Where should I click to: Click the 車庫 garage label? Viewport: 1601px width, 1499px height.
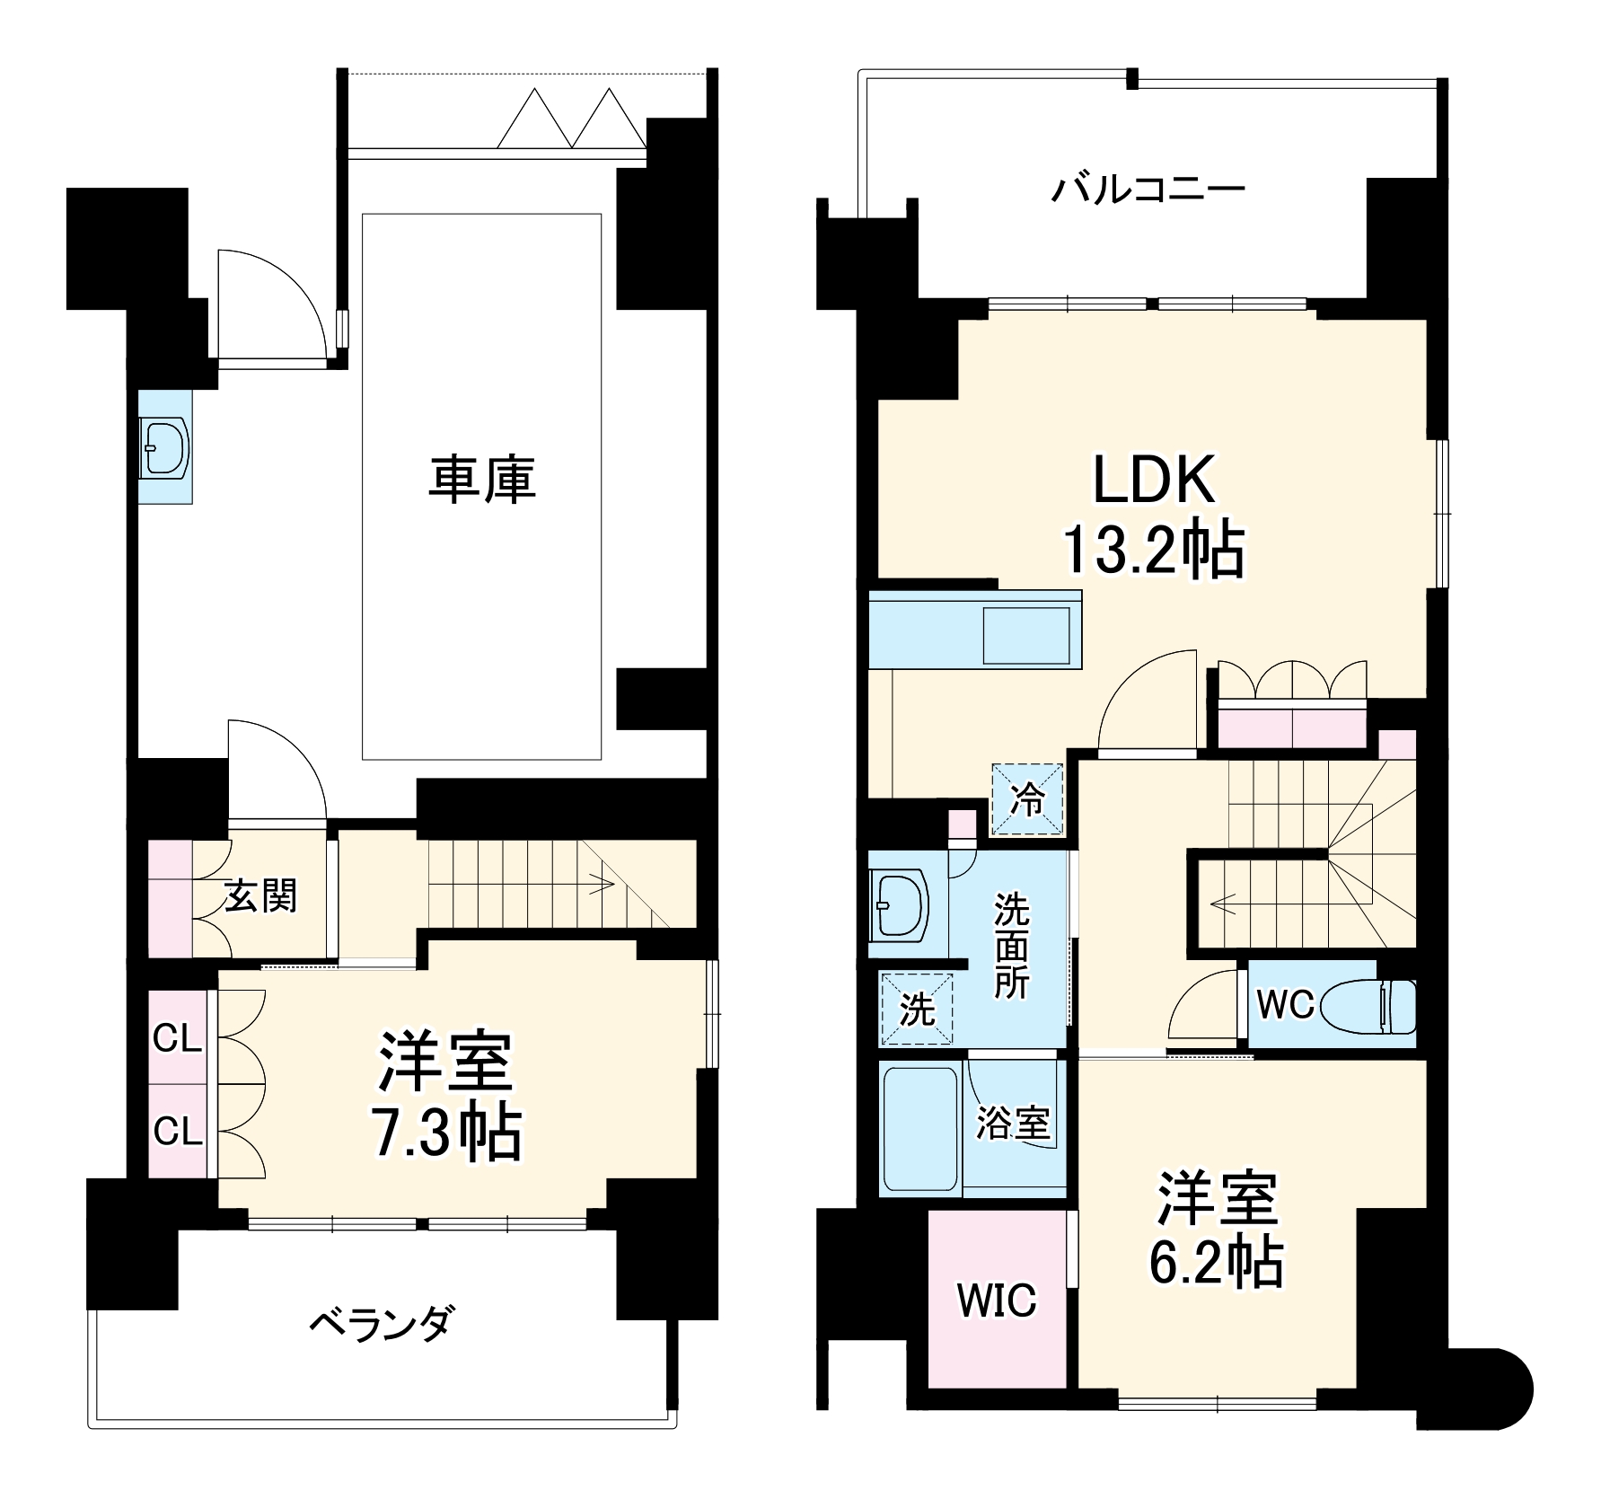(482, 479)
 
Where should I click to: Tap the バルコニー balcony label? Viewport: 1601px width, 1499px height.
(1148, 190)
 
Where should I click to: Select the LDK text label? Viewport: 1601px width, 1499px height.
(1153, 481)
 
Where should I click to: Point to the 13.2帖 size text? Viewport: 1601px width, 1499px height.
(1153, 550)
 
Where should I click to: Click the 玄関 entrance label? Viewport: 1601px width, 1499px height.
(260, 895)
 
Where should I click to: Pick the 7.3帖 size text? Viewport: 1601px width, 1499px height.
(446, 1133)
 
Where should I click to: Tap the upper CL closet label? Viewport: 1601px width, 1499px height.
(177, 1039)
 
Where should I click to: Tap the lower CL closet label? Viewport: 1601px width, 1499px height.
(177, 1132)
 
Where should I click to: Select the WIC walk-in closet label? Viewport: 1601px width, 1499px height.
(997, 1300)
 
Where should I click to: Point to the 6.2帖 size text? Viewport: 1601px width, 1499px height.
(1216, 1263)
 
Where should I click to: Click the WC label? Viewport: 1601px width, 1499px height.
(1285, 1005)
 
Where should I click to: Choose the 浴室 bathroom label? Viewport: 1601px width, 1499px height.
(1013, 1122)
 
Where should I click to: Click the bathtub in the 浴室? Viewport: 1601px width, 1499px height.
(919, 1128)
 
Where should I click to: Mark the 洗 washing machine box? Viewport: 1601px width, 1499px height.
(917, 1010)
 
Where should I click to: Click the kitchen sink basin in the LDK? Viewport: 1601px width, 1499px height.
(1026, 636)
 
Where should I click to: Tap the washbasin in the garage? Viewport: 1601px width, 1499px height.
(165, 447)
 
